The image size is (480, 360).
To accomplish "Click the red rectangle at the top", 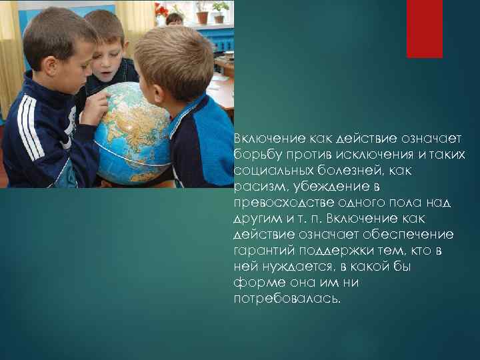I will (424, 29).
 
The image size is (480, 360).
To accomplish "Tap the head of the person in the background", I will (175, 18).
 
